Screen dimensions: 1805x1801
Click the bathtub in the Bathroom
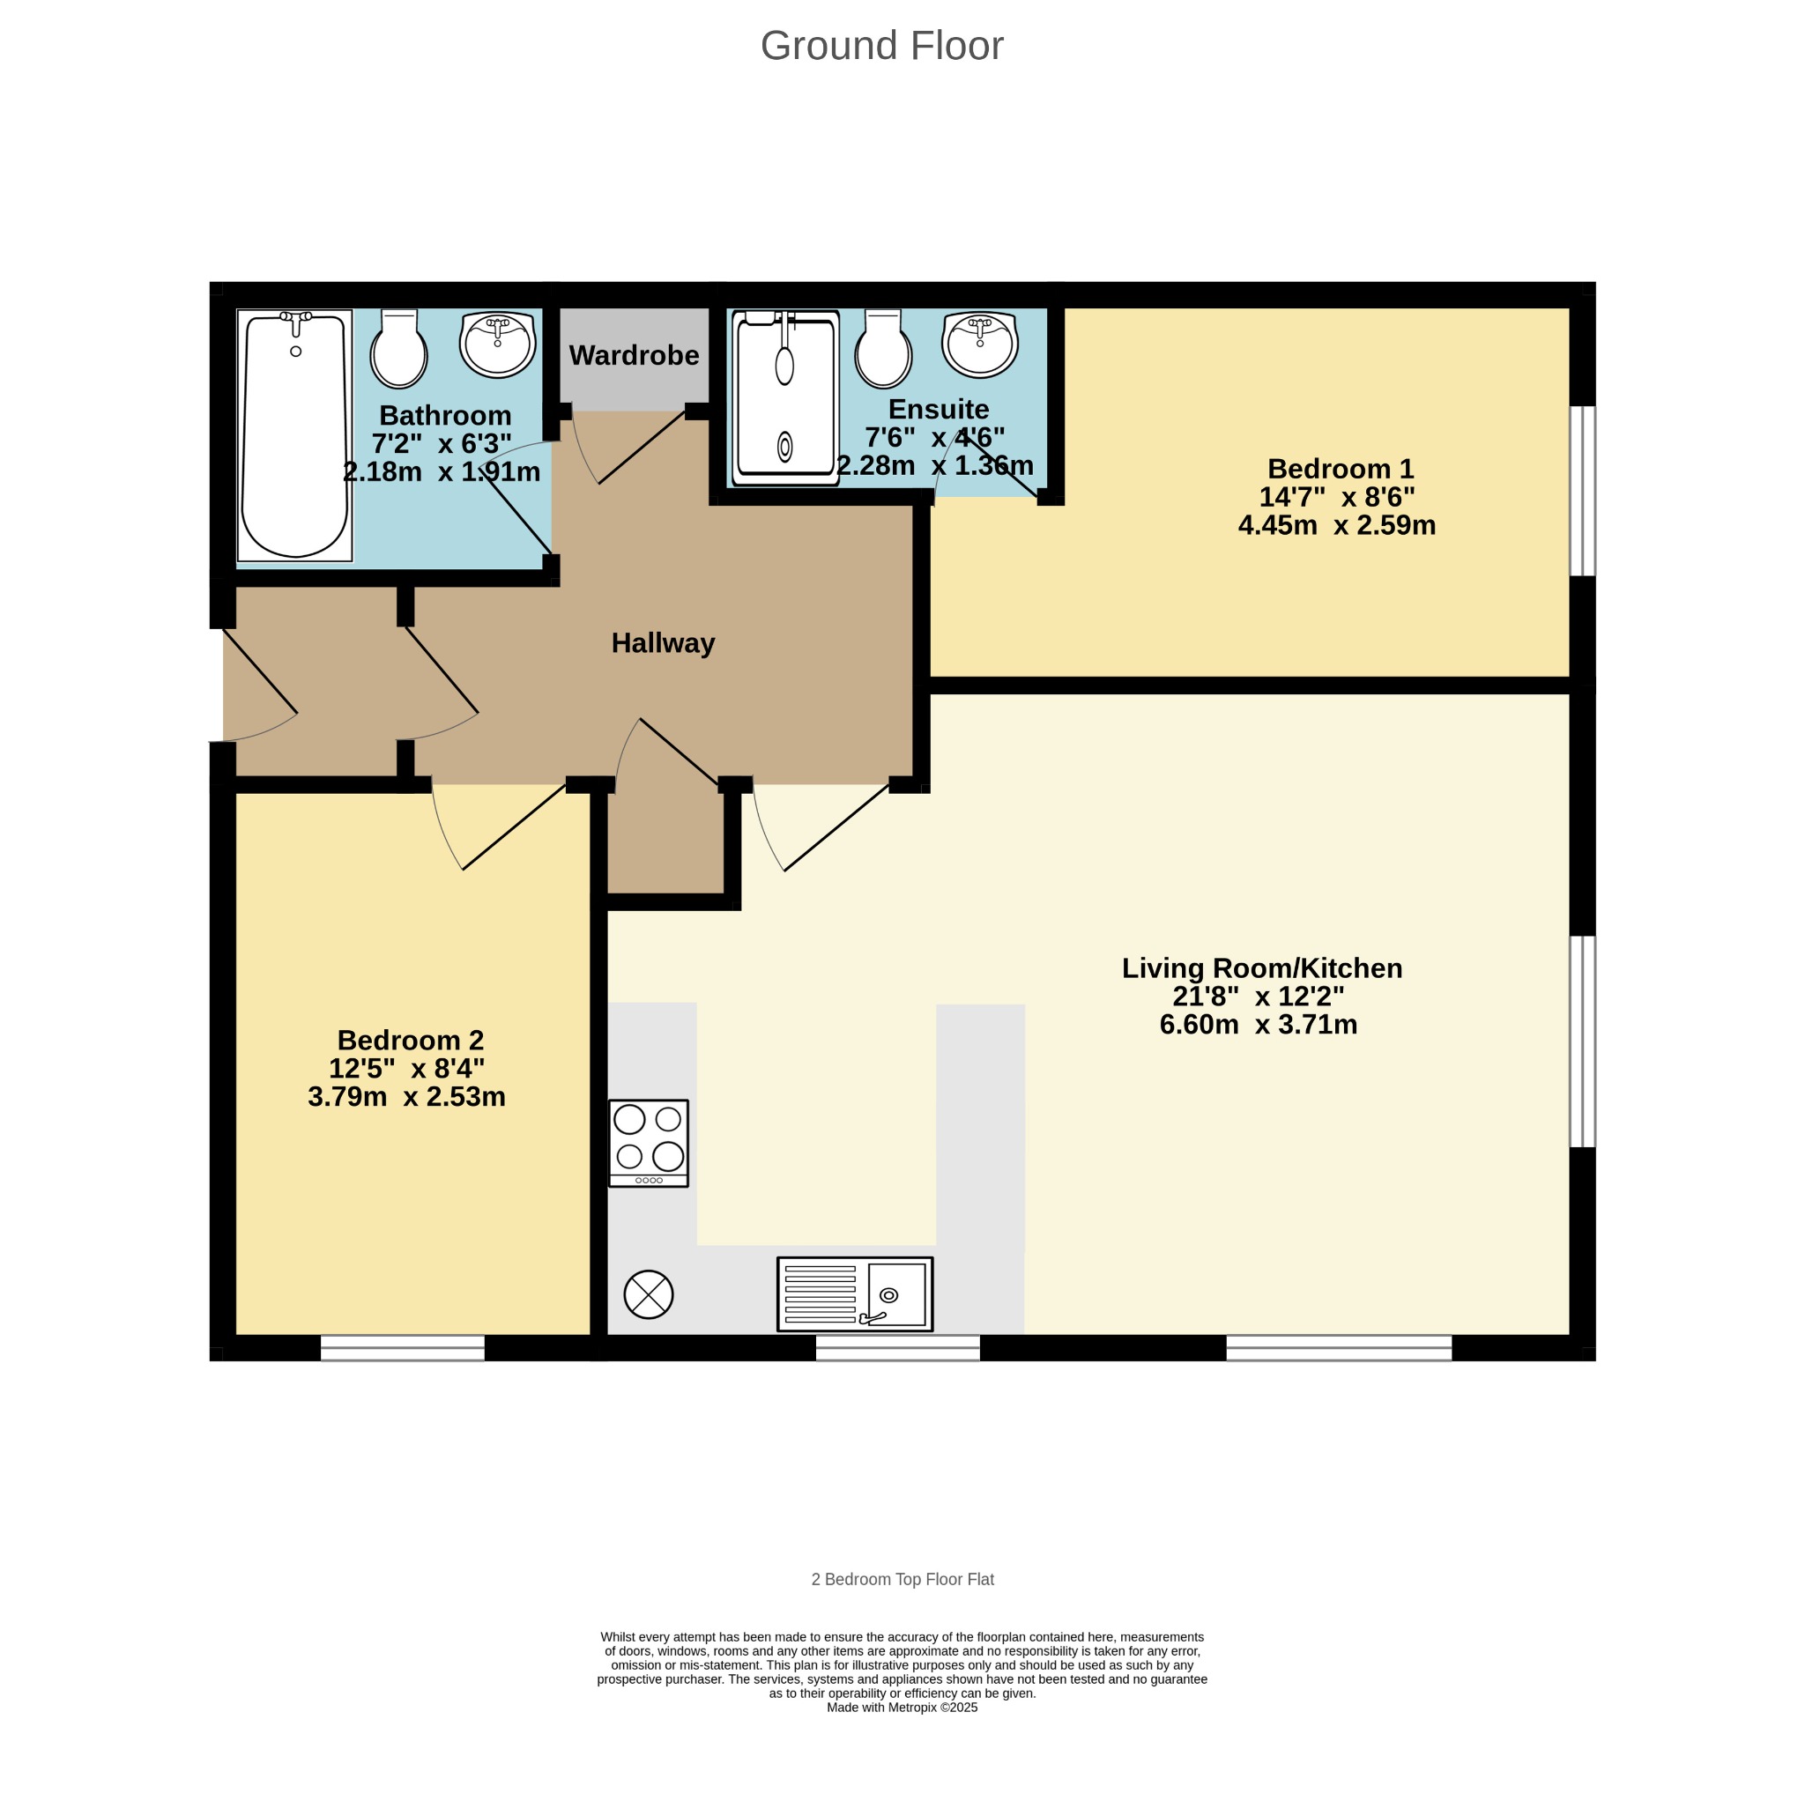tap(294, 435)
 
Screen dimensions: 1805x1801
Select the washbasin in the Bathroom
tap(497, 344)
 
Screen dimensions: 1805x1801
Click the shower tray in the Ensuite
tap(784, 398)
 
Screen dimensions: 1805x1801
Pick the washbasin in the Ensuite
tap(980, 344)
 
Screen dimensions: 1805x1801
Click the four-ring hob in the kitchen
tap(649, 1144)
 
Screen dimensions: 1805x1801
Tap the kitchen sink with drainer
tap(855, 1293)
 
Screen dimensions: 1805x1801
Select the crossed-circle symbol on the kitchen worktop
tap(649, 1294)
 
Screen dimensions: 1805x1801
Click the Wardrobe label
tap(635, 355)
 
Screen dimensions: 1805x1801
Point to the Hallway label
tap(664, 643)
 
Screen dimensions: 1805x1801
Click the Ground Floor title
tap(882, 46)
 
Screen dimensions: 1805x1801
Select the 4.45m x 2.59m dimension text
tap(1337, 525)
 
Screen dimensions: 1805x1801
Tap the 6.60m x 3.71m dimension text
tap(1259, 1025)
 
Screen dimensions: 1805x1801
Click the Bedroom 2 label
tap(410, 1040)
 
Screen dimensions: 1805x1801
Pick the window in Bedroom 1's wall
tap(1582, 491)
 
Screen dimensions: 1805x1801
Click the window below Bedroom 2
tap(403, 1347)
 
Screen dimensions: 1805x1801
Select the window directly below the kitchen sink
tap(898, 1347)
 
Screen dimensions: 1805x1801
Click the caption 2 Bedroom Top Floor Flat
tap(902, 1580)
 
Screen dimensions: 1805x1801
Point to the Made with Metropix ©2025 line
tap(902, 1708)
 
